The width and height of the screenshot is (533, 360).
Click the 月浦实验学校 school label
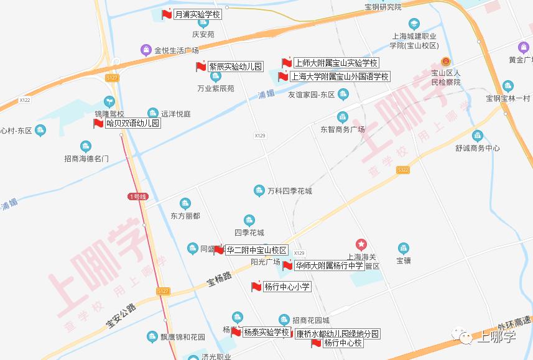pos(197,14)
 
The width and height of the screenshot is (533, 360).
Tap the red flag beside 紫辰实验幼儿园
pos(201,67)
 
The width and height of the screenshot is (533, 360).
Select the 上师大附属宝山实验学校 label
pos(336,63)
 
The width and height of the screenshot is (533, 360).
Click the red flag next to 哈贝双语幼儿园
pos(98,123)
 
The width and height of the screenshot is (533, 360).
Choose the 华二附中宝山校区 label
pos(256,250)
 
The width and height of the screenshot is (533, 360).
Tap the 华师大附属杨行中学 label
pos(329,265)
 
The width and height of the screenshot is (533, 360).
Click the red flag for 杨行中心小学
pos(256,287)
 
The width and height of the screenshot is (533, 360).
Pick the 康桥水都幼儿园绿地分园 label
pos(336,334)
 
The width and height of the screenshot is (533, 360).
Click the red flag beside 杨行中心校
pos(317,343)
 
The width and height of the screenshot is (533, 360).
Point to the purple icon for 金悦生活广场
pos(146,49)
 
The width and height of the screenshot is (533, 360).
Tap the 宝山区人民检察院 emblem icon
pos(445,62)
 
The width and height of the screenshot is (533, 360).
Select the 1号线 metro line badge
pos(137,196)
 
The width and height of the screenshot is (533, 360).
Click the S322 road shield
pos(403,170)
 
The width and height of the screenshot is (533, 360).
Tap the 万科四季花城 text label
pos(290,190)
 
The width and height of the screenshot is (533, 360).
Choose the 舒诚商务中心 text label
pos(477,148)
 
